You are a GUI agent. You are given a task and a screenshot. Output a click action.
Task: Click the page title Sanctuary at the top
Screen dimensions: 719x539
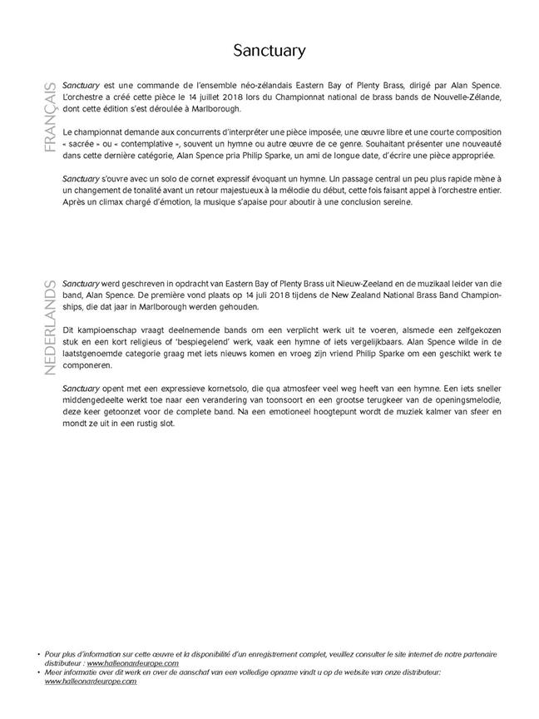(x=269, y=51)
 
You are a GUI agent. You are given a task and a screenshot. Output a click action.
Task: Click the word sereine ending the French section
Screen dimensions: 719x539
(x=393, y=202)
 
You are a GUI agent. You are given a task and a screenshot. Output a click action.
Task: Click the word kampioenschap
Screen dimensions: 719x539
(x=105, y=330)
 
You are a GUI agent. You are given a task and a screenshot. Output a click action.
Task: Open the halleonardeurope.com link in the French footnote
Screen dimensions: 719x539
(x=133, y=663)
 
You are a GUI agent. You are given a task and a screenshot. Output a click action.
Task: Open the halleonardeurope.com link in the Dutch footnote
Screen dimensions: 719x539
(x=91, y=682)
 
